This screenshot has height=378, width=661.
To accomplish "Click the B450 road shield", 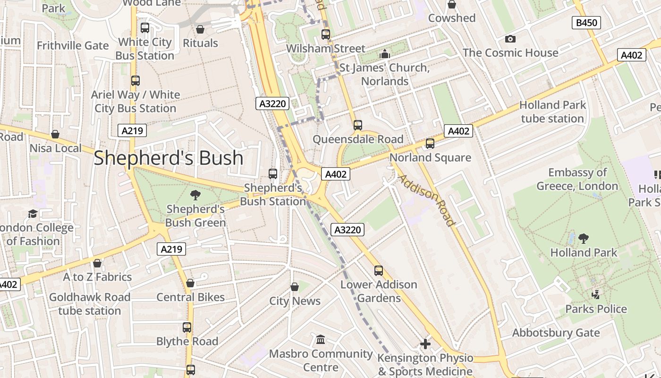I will coord(586,22).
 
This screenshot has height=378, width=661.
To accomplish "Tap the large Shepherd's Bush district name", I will coord(169,158).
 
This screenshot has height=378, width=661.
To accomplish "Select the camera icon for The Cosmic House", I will coord(510,39).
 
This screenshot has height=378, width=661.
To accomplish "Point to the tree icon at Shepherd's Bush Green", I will coord(195,195).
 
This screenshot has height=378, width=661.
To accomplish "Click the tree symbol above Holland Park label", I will coord(584,238).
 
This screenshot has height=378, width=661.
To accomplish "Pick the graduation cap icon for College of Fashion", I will coord(32,214).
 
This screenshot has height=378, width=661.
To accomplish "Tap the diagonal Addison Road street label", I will coord(426,200).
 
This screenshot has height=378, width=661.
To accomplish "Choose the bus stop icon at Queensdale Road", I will coord(358,125).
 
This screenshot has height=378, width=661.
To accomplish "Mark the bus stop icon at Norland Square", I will coord(430,144).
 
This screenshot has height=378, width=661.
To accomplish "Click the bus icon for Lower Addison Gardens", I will coord(379,271).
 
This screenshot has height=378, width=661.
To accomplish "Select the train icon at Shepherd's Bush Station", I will coord(273,174).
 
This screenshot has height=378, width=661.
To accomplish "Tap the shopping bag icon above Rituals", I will coord(200,29).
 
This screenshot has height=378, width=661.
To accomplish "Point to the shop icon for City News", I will coord(295,287).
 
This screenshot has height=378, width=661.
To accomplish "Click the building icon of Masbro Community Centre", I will coord(321,340).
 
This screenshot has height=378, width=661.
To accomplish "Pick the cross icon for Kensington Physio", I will coord(425,344).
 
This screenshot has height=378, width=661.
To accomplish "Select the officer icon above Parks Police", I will coord(596,295).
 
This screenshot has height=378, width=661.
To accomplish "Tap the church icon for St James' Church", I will coord(385,54).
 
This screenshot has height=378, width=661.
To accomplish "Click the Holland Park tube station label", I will coord(552,112).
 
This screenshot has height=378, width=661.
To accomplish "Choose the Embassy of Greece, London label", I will coord(577,179).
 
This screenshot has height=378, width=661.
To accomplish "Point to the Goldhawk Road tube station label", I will coord(90,304).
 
